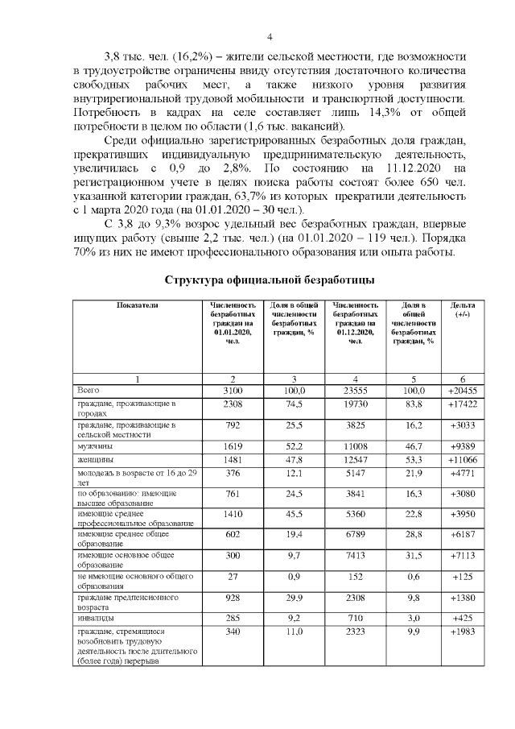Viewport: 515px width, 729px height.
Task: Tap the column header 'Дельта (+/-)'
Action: point(463,310)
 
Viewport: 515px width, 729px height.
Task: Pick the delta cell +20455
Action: point(463,390)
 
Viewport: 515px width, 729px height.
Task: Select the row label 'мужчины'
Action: point(95,445)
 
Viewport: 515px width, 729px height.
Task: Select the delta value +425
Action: point(463,617)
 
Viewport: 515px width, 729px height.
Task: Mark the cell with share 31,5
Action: point(414,556)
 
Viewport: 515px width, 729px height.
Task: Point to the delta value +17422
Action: point(463,404)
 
